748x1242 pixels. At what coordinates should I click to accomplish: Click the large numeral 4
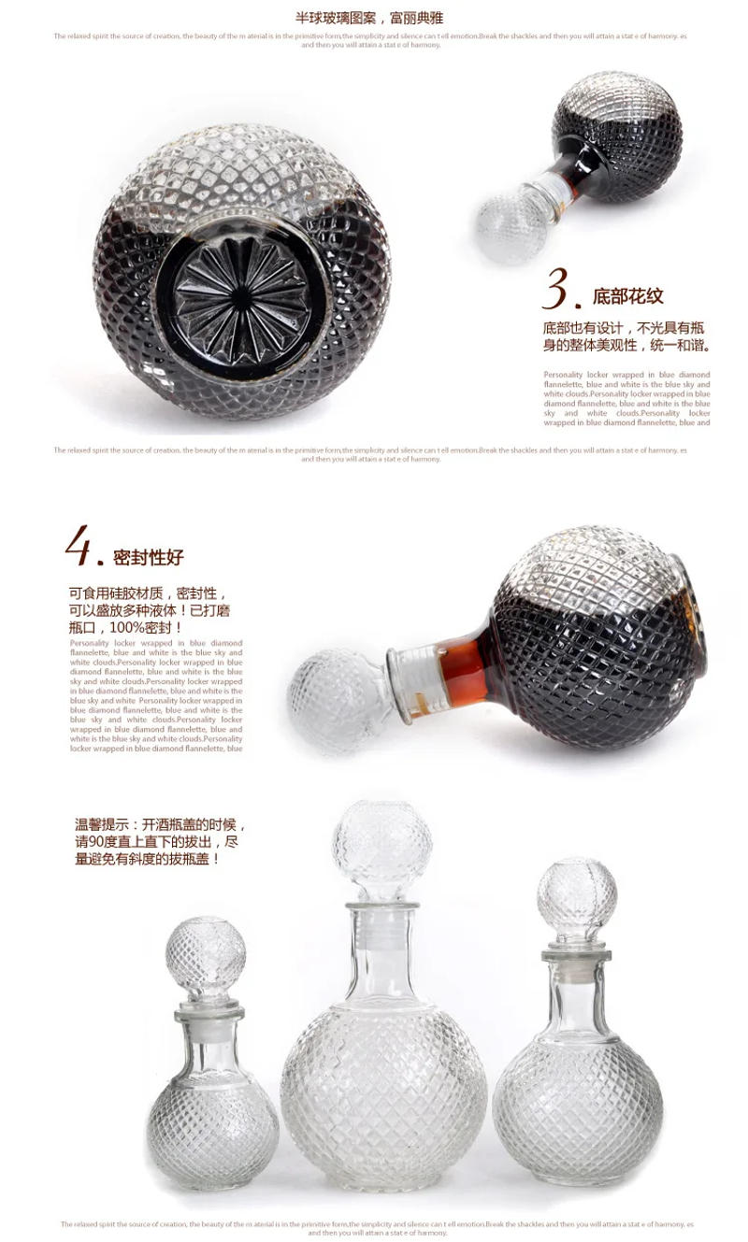click(x=80, y=547)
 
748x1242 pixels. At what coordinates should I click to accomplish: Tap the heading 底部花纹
click(x=628, y=296)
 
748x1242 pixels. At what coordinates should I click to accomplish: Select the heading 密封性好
click(x=149, y=558)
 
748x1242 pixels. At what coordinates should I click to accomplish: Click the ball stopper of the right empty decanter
click(x=577, y=897)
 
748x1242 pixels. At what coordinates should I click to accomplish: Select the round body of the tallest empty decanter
click(x=383, y=1093)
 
